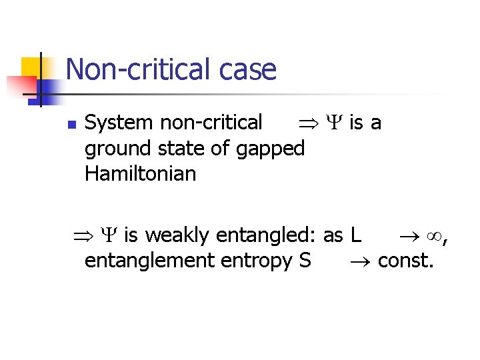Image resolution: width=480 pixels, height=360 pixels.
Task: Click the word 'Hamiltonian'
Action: click(140, 174)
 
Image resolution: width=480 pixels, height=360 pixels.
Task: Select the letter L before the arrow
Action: click(355, 235)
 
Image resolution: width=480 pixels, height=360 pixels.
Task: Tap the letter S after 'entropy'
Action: click(305, 260)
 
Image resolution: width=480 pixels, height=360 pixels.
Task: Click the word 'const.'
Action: click(406, 260)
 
